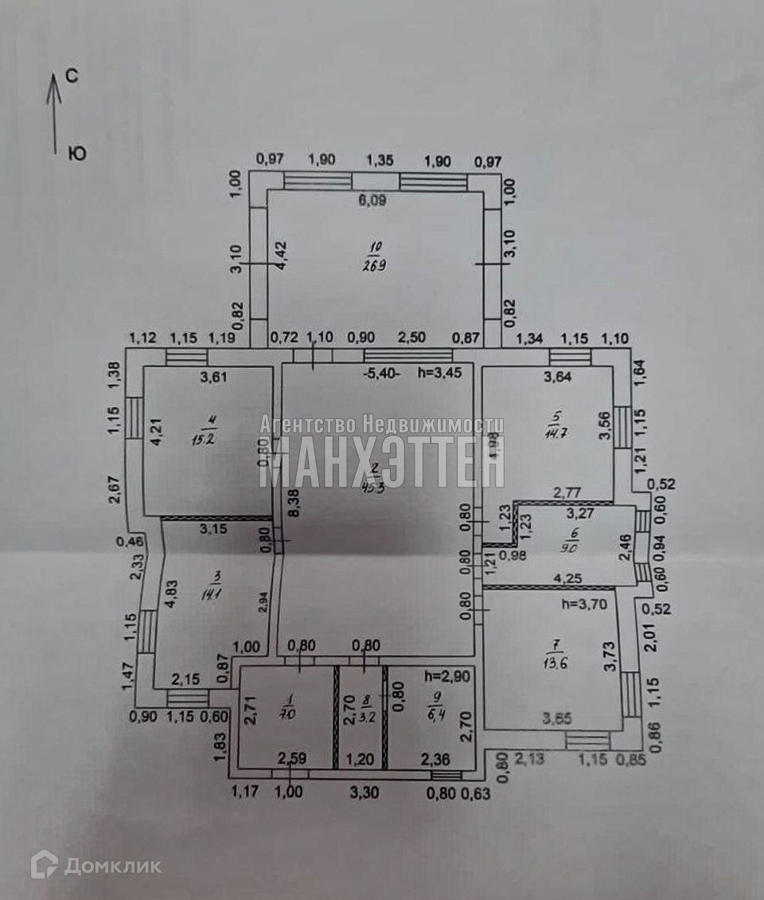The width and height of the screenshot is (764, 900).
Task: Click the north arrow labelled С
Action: [x=54, y=112]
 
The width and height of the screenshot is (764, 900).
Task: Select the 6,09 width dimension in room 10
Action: [x=372, y=202]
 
